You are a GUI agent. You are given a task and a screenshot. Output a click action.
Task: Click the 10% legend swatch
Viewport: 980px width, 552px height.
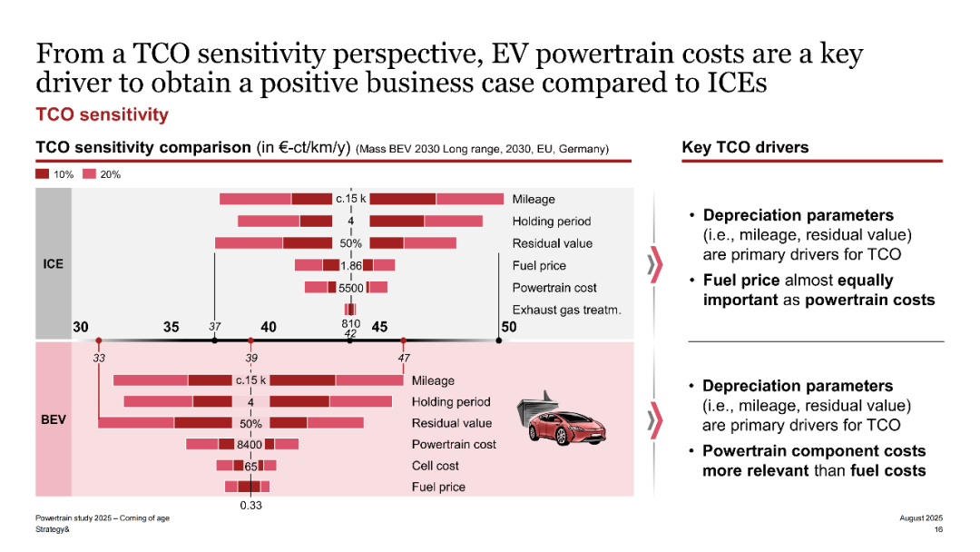43,173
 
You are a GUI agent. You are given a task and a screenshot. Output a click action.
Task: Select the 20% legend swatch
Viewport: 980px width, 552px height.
89,173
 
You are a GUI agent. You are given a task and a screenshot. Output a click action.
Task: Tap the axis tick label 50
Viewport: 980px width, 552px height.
508,327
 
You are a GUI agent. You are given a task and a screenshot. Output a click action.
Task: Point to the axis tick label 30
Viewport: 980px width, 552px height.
81,327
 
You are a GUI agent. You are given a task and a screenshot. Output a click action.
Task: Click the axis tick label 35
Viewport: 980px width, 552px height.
171,327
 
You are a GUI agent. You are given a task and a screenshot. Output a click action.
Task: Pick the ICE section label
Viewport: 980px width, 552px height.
54,264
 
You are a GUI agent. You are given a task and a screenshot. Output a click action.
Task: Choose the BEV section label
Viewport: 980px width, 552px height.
54,422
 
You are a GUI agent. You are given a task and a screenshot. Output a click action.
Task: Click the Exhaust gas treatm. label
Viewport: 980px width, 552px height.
566,310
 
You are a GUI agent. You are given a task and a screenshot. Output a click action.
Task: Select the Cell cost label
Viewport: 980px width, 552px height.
436,466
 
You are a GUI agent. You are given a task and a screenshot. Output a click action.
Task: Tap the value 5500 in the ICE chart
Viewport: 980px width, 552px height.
351,288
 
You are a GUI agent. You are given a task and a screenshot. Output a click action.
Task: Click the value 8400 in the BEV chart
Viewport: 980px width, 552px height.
250,445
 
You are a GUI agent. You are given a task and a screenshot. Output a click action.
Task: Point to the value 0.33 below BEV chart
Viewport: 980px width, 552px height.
251,505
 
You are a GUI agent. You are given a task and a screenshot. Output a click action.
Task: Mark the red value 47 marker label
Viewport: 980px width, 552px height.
404,358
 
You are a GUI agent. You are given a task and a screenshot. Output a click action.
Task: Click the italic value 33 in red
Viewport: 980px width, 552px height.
99,358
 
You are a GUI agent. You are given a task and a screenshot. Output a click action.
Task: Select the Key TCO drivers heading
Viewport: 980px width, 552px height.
745,147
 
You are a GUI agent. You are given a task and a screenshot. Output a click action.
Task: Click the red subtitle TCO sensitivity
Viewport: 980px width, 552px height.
102,114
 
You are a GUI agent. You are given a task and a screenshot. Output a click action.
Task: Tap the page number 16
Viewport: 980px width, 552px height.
938,529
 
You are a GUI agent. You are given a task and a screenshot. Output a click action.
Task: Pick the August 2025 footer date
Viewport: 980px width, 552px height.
921,517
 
